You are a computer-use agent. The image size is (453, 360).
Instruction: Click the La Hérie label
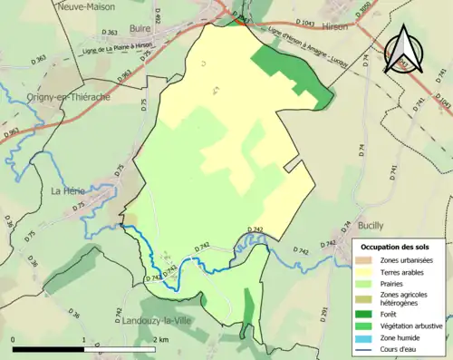click(68, 190)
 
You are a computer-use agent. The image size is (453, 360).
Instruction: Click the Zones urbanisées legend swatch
click(365, 259)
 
